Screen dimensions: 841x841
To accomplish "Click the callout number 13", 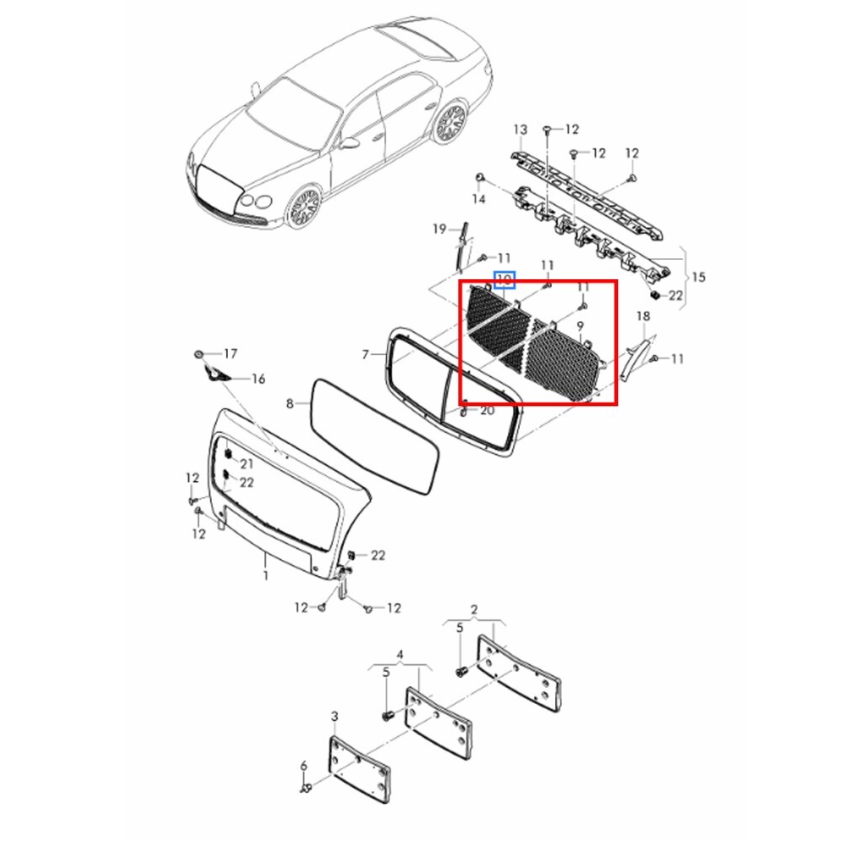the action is tap(521, 130).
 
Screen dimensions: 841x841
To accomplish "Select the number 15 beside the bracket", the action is tap(698, 278).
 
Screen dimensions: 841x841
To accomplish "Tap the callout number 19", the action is tap(439, 229).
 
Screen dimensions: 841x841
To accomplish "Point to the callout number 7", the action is tap(365, 355).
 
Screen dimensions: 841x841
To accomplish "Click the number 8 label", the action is tap(289, 404).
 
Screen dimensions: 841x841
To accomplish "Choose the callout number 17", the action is tap(230, 353).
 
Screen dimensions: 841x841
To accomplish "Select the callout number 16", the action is tap(258, 379).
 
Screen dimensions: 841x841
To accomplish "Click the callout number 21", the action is tap(246, 463).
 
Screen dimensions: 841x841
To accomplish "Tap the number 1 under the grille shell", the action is tap(266, 576).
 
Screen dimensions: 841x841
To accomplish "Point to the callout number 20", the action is tap(487, 411).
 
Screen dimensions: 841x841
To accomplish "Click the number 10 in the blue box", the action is tap(504, 279).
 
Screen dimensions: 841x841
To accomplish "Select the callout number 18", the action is tap(643, 316).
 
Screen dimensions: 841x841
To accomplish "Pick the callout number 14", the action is tap(479, 199).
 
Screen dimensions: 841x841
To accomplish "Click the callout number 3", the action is tap(335, 717).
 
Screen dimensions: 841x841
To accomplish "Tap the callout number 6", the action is tap(304, 766).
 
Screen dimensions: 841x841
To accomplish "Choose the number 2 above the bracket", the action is tap(474, 610).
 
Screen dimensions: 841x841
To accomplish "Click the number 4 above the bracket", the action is tap(399, 655).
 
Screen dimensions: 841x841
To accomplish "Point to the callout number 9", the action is tap(579, 326).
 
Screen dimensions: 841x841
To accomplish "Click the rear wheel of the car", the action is tap(451, 122).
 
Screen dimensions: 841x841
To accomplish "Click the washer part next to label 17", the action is tap(198, 355).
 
